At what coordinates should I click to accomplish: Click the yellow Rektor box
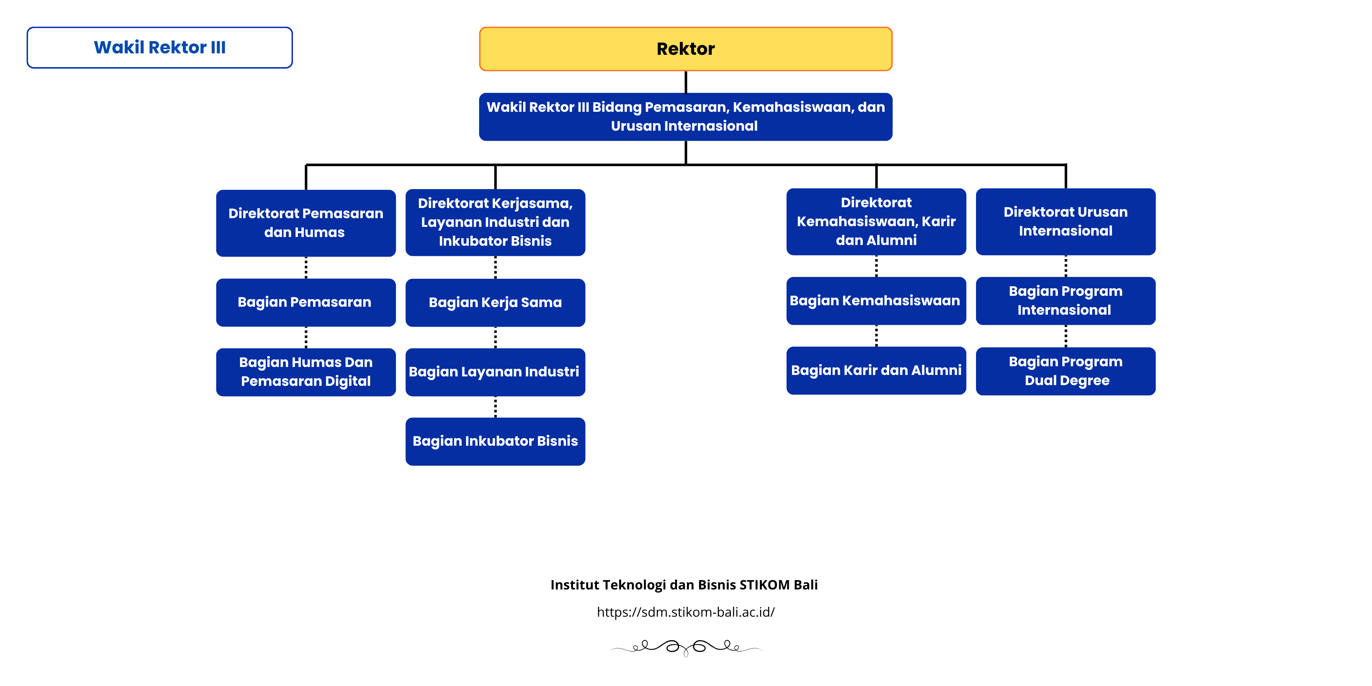pyautogui.click(x=686, y=49)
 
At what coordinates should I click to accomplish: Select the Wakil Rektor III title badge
pyautogui.click(x=160, y=48)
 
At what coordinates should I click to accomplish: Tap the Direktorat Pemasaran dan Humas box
pyautogui.click(x=306, y=222)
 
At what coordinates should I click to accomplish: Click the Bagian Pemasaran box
pyautogui.click(x=306, y=302)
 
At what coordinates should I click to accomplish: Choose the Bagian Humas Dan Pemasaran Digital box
pyautogui.click(x=306, y=372)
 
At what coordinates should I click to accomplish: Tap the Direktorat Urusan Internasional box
pyautogui.click(x=1065, y=221)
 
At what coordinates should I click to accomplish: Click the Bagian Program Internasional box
pyautogui.click(x=1065, y=301)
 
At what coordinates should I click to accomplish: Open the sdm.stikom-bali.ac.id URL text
pyautogui.click(x=686, y=612)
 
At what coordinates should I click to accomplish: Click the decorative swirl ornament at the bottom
pyautogui.click(x=686, y=647)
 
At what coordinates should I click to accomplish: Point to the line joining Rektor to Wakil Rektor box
pyautogui.click(x=686, y=82)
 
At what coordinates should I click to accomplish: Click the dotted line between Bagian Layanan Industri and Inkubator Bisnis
pyautogui.click(x=495, y=407)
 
